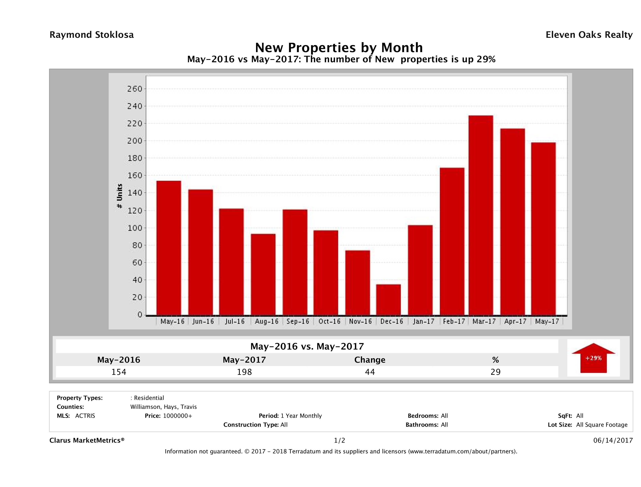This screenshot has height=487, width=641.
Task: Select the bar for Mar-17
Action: pos(481,215)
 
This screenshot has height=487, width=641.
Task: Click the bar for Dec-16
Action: pos(388,300)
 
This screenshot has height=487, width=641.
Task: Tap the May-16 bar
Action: pos(169,248)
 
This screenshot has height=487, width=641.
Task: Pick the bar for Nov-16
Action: pos(358,283)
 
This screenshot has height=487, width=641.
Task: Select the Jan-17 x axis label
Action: pos(424,321)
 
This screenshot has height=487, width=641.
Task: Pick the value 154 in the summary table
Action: pos(119,372)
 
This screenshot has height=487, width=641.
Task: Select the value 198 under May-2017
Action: pos(244,372)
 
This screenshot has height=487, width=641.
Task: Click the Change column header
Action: pos(370,360)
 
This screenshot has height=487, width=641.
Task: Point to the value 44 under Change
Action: pos(370,372)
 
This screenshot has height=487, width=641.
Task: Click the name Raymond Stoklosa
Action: pos(92,35)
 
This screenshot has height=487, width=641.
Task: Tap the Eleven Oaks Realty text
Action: pos(589,35)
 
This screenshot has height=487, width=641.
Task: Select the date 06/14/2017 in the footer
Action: pos(613,440)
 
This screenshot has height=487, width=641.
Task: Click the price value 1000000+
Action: pos(177,416)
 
